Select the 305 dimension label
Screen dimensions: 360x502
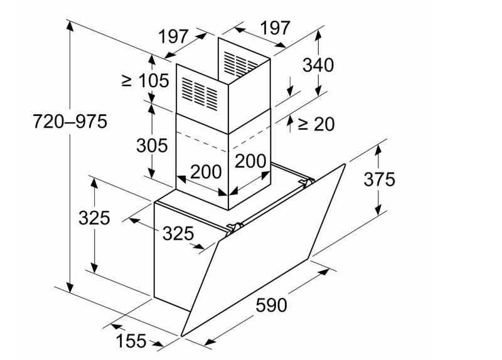point(152,146)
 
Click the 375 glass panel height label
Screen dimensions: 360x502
point(380,179)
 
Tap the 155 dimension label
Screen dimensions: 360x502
point(131,341)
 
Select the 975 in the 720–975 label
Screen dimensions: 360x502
point(90,122)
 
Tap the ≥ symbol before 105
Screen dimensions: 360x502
point(127,80)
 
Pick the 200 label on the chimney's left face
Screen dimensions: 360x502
point(206,171)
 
